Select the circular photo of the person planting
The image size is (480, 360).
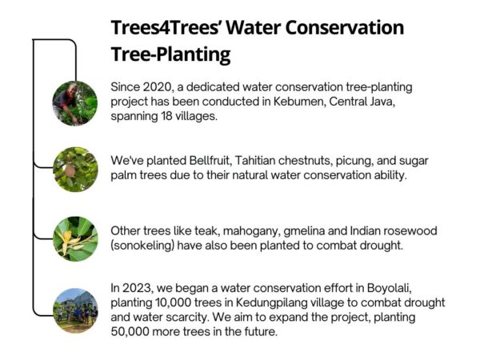click(x=75, y=103)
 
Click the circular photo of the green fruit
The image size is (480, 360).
click(x=75, y=169)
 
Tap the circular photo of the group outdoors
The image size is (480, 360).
click(x=75, y=310)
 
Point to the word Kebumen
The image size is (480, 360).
click(x=275, y=101)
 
